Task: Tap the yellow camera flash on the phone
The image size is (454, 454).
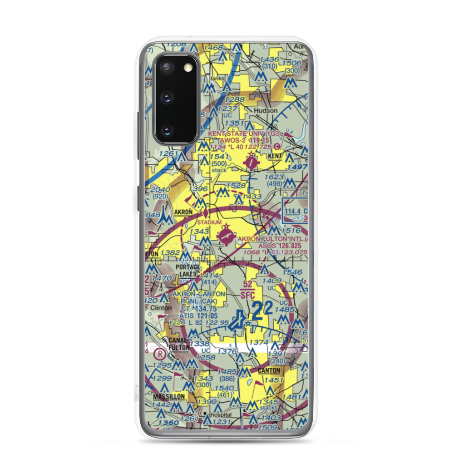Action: pyautogui.click(x=187, y=68)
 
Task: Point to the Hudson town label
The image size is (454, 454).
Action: pyautogui.click(x=266, y=110)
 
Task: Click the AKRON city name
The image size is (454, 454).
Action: pyautogui.click(x=183, y=212)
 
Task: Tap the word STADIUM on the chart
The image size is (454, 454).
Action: pyautogui.click(x=209, y=222)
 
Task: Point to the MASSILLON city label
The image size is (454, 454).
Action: pyautogui.click(x=168, y=396)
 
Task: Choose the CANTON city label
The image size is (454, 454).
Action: pyautogui.click(x=269, y=370)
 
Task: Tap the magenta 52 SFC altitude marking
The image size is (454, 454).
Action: pyautogui.click(x=247, y=290)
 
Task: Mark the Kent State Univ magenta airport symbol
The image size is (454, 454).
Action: pyautogui.click(x=251, y=161)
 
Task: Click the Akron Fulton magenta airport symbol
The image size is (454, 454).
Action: pyautogui.click(x=225, y=236)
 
